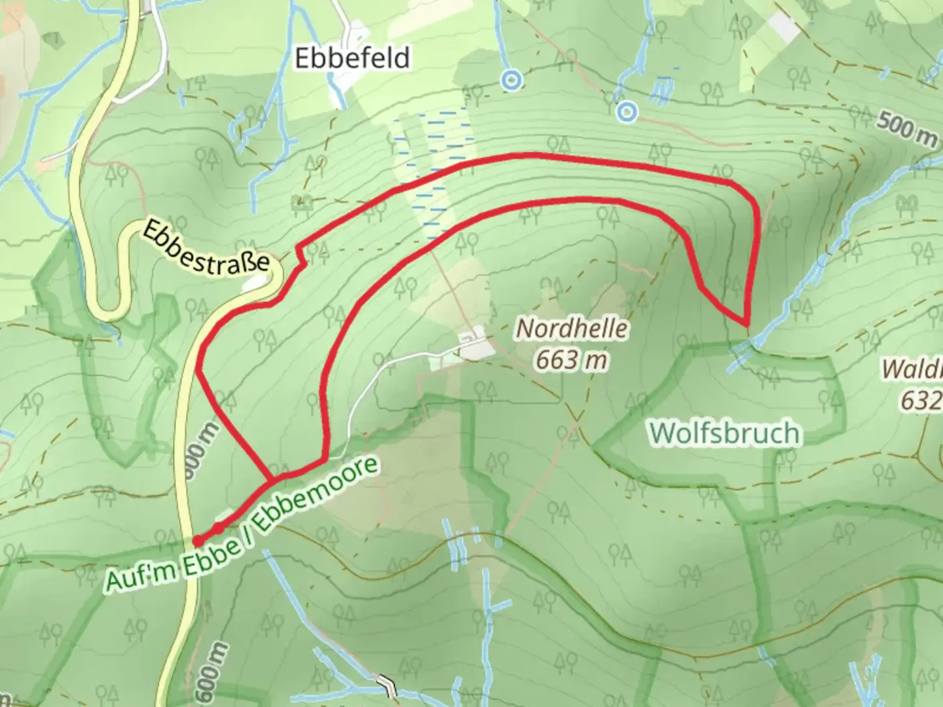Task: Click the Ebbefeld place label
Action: (352, 58)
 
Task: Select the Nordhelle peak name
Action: (571, 329)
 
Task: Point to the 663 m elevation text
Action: (571, 359)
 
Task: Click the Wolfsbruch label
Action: (725, 433)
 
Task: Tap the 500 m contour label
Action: (908, 126)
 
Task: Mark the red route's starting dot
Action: (197, 541)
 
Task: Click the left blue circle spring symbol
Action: (511, 81)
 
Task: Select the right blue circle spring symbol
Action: (627, 112)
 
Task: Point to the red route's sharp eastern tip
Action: (746, 323)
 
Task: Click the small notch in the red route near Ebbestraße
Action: (301, 256)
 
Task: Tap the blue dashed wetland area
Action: (432, 170)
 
